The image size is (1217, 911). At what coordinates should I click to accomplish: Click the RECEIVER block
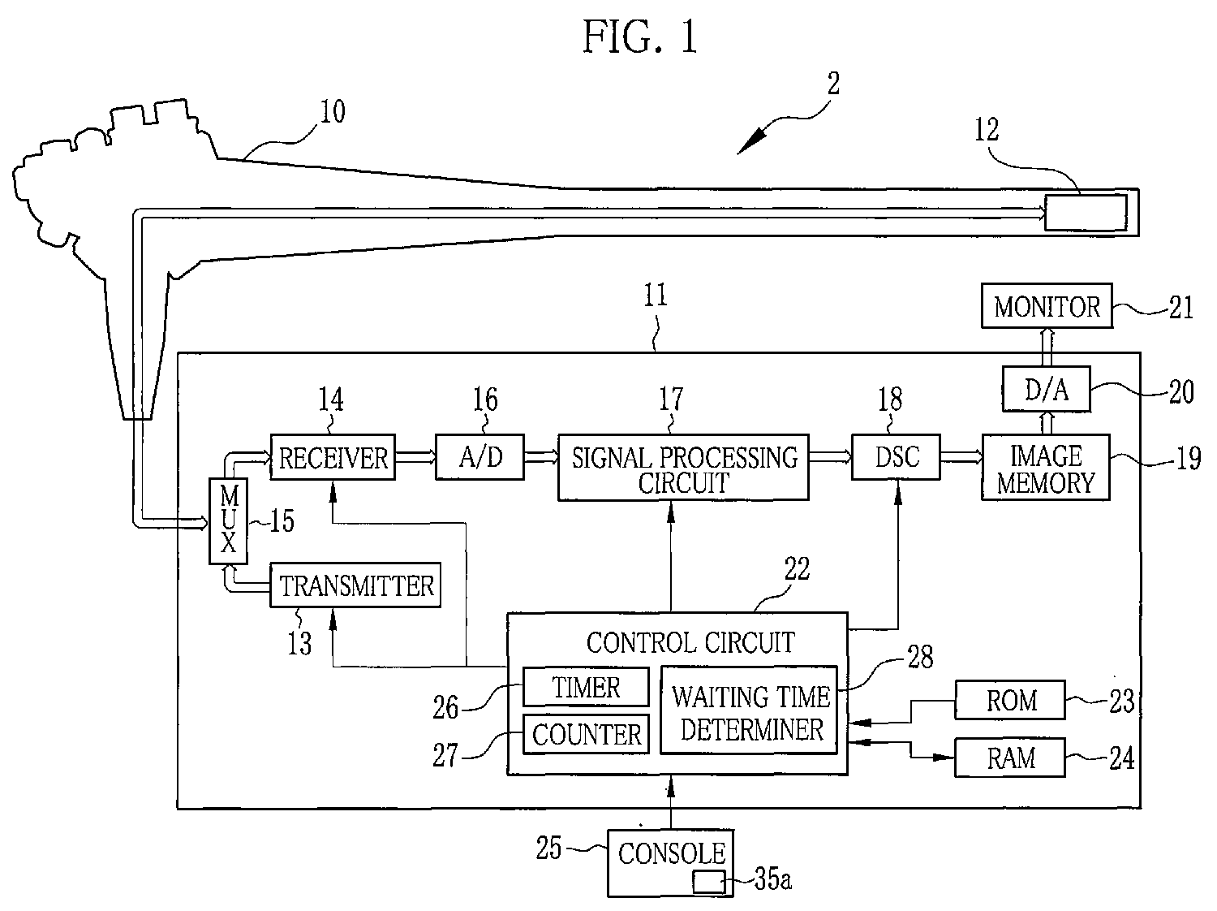333,457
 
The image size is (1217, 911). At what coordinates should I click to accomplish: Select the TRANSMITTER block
355,585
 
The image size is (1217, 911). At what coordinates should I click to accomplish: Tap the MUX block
229,521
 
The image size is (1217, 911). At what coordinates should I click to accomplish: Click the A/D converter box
479,457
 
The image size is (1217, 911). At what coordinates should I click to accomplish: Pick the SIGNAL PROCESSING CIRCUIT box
683,468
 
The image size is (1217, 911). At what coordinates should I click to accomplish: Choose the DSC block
896,457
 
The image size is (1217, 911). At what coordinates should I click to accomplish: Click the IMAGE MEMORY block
1046,468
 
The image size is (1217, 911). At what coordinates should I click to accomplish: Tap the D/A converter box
1047,389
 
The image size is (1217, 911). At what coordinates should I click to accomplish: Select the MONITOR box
1047,306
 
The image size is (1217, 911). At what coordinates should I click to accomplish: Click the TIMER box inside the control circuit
586,687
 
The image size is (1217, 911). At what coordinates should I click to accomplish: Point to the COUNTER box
586,735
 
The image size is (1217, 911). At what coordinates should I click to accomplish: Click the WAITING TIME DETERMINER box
749,710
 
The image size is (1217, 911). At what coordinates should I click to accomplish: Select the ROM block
1010,700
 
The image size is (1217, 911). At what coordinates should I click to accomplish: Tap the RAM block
1010,758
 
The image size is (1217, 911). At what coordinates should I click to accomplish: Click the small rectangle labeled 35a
709,882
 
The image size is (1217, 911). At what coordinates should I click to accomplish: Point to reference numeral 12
987,130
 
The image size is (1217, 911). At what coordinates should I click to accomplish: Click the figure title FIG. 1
640,37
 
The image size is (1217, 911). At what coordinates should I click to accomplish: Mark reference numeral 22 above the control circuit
797,568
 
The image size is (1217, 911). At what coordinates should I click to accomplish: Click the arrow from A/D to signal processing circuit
540,457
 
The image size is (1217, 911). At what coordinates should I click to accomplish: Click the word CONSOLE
672,854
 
